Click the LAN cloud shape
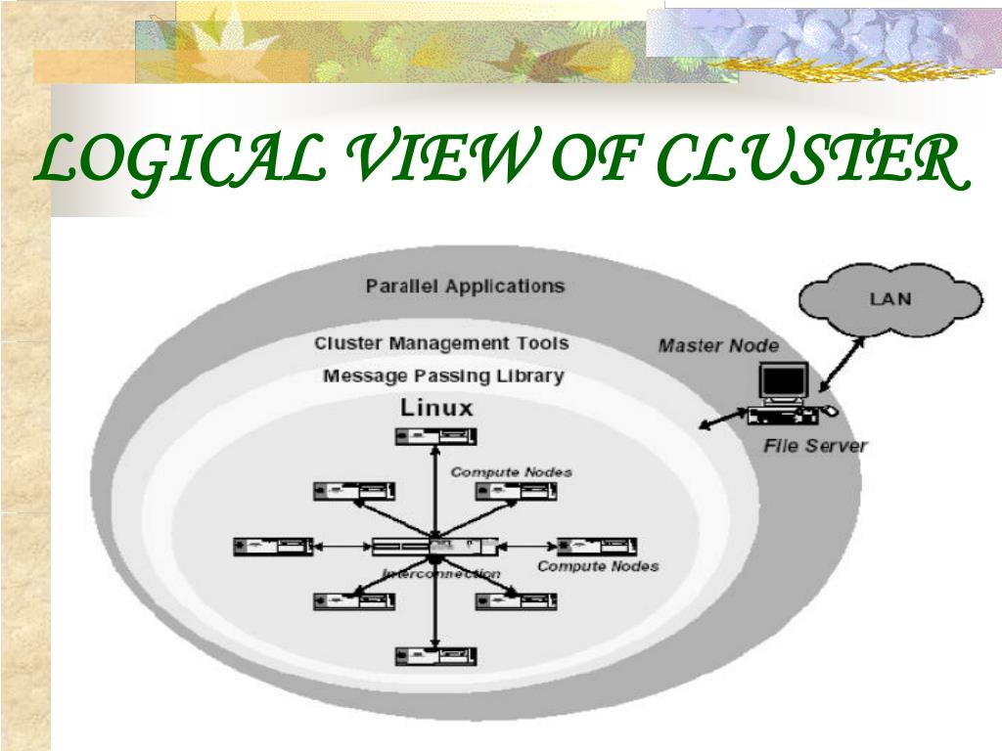coord(889,298)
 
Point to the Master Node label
coord(718,345)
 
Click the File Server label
coord(815,446)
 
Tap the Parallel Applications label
coord(465,287)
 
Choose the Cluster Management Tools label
coord(441,343)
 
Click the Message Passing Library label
coord(443,375)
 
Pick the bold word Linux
coord(436,408)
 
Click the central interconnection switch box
coord(433,547)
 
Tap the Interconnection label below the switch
coord(441,574)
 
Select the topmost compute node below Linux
coord(435,436)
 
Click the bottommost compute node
coord(435,656)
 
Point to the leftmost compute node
coord(273,546)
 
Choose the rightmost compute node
coord(597,546)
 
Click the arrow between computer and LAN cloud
coord(841,362)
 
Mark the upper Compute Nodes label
coord(511,472)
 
